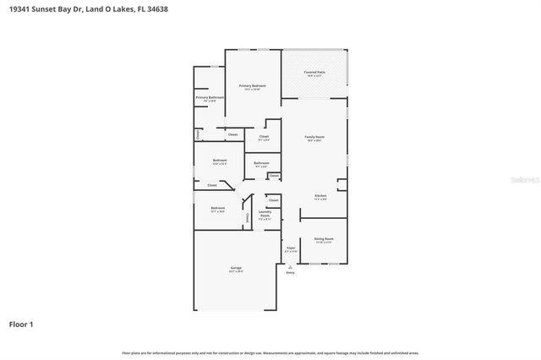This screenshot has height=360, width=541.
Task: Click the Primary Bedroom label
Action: tap(252, 86)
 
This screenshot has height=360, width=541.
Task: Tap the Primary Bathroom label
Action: tap(210, 98)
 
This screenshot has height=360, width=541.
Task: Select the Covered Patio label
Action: tap(315, 74)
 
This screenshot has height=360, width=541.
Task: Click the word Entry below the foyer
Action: tap(291, 273)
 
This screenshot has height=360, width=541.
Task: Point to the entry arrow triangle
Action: tap(291, 266)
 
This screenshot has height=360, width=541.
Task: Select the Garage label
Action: tap(236, 269)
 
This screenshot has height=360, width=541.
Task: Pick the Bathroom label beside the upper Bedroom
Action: tap(261, 163)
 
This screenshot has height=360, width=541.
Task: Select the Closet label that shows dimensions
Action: tap(264, 137)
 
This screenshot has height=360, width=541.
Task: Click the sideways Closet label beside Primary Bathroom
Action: tap(198, 134)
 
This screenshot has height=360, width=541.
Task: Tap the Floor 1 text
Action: tap(21, 323)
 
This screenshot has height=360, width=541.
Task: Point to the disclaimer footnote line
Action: tap(270, 352)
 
